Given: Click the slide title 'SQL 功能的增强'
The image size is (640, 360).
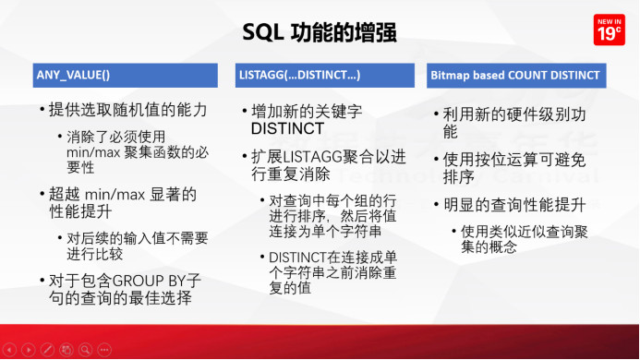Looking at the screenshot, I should click(x=320, y=32).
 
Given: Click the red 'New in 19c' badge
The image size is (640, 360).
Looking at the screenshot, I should click(x=607, y=30).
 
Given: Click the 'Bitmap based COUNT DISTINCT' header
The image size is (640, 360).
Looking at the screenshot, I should click(x=514, y=75).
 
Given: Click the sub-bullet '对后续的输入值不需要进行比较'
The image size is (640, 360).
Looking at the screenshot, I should click(x=134, y=246).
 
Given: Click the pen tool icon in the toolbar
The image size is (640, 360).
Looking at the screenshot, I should click(x=46, y=350).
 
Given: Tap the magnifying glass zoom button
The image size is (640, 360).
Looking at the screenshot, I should click(x=85, y=350).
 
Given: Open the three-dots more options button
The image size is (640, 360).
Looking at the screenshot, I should click(x=104, y=350).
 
